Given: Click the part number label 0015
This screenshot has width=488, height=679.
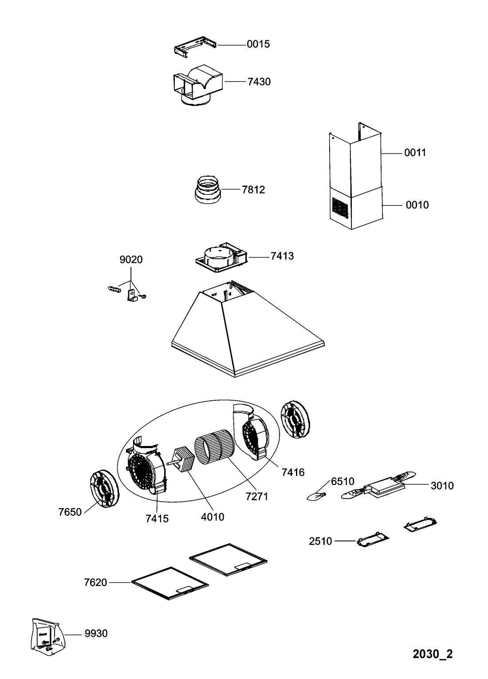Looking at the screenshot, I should coord(258,44).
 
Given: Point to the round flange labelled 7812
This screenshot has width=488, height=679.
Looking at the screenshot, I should coord(207,190).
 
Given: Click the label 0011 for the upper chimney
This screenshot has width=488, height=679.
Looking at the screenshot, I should coord(415,153).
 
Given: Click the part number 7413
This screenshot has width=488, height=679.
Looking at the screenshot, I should coord(282,257).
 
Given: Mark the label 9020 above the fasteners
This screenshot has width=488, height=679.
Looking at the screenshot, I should coord(131,260).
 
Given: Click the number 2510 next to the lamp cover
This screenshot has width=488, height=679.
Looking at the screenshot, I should coord(320,541).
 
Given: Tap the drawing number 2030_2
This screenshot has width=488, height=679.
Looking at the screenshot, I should coord(433,654).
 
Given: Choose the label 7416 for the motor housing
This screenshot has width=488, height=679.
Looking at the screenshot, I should coord(293,472).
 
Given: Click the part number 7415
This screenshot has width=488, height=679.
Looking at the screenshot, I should coord(157,518).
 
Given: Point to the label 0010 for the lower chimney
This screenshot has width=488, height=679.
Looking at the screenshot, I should coord(417,205).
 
